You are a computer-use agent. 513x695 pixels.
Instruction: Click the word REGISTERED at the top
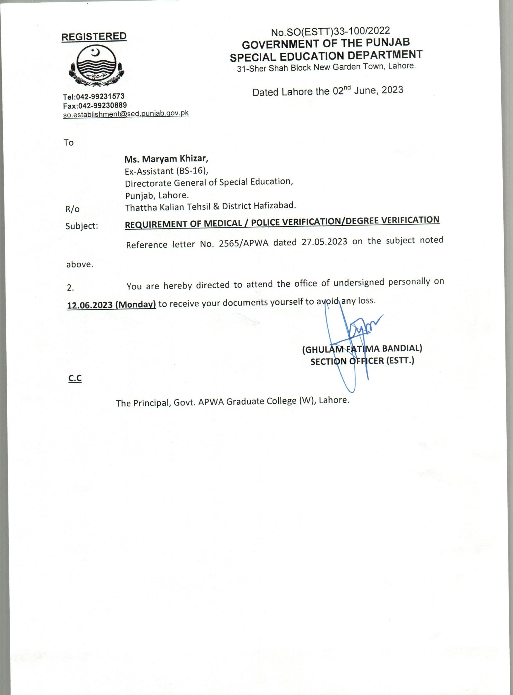click(x=94, y=36)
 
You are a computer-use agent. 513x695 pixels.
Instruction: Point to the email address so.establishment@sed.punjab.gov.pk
click(x=126, y=114)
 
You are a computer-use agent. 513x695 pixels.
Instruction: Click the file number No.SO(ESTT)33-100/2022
click(x=330, y=31)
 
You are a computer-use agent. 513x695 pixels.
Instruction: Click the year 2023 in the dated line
click(x=392, y=90)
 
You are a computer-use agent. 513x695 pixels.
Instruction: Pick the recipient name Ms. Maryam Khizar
click(x=166, y=159)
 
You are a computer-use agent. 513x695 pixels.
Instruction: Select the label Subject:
click(x=82, y=226)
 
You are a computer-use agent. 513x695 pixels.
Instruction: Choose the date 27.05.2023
click(x=324, y=242)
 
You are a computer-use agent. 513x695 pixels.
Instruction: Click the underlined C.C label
click(x=75, y=378)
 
